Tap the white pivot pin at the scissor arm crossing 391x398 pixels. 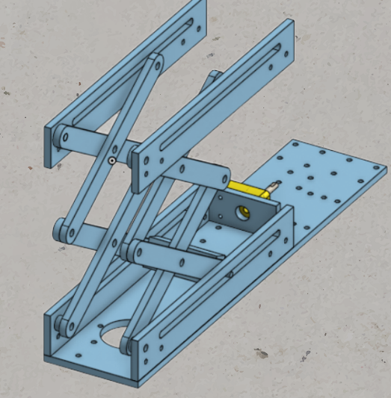111,160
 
